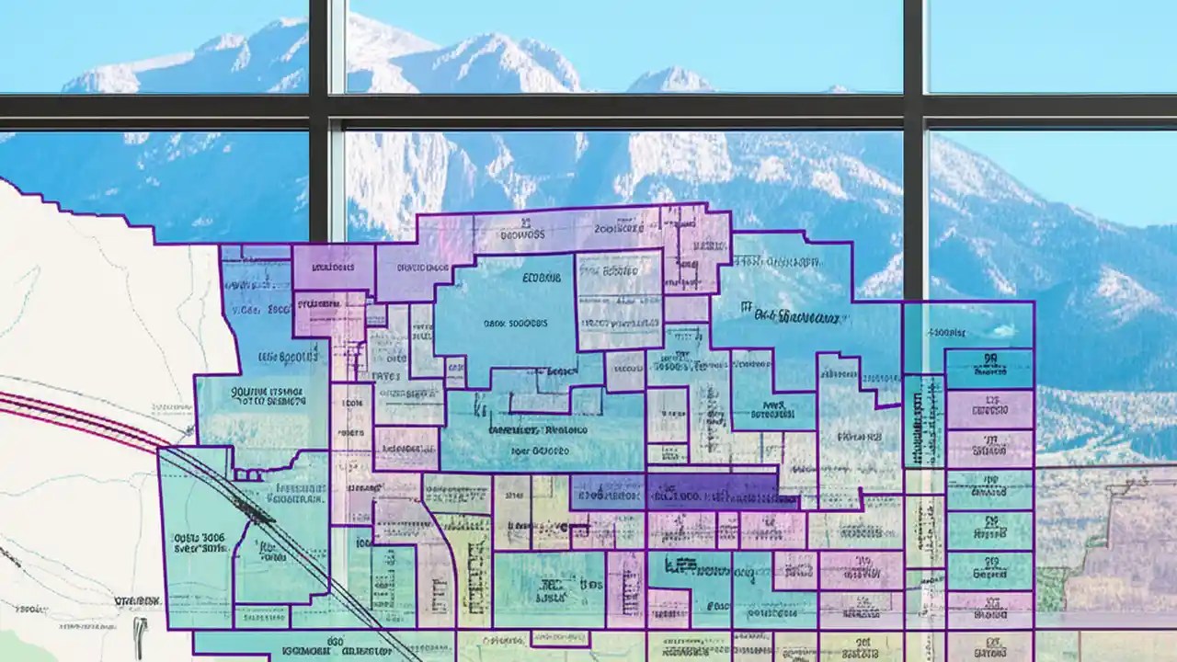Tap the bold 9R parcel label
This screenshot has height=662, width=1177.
(989, 360)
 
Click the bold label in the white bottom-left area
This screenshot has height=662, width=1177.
(138, 600)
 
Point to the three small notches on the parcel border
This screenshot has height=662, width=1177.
(248, 474)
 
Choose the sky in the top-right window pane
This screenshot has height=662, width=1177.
(1048, 46)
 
